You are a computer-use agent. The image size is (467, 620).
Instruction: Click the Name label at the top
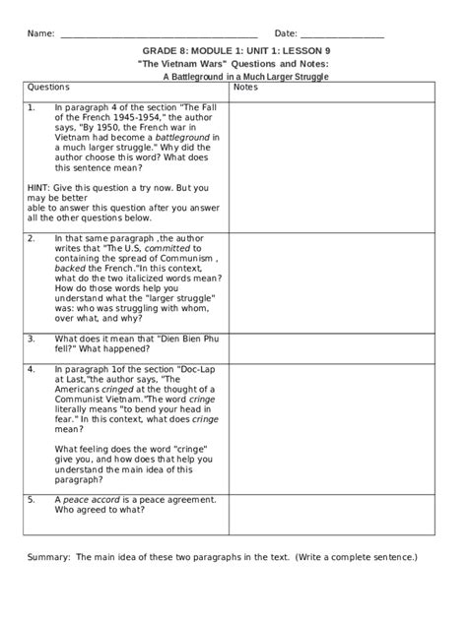40,34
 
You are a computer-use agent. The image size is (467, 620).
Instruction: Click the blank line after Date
342,35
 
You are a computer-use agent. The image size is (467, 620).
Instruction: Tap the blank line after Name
159,35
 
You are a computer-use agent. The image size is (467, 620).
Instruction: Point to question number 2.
32,238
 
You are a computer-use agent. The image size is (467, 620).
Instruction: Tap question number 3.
32,338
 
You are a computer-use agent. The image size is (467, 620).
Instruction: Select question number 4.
32,369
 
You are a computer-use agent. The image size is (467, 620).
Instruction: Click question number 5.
32,500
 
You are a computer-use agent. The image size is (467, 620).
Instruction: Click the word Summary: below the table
48,556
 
